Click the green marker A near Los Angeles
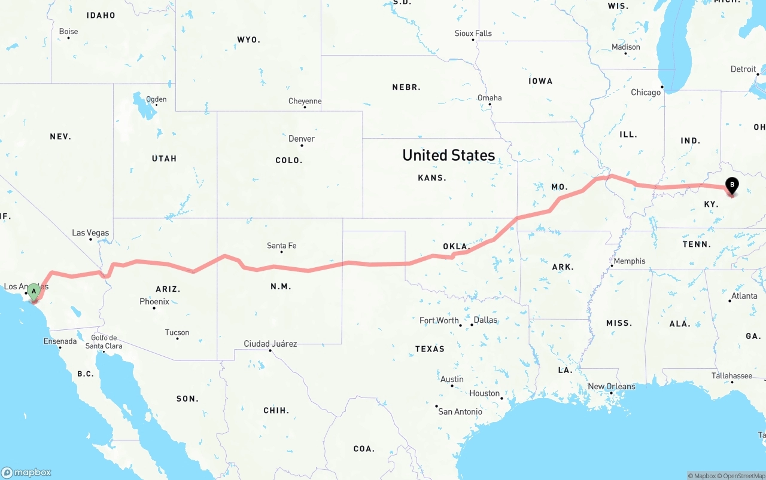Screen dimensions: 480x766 (x=34, y=292)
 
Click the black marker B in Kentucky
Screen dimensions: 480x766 (x=732, y=186)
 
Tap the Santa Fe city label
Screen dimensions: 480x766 (x=281, y=246)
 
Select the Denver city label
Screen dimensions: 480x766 (x=302, y=139)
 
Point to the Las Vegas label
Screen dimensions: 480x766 (x=90, y=233)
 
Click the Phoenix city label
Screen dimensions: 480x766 (x=154, y=302)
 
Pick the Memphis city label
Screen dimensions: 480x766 (x=629, y=261)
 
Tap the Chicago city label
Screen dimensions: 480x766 (x=646, y=93)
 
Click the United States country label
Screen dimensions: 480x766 (x=448, y=155)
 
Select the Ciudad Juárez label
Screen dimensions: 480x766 (x=270, y=344)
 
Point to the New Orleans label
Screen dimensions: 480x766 (x=612, y=387)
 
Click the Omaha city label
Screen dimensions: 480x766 (x=490, y=98)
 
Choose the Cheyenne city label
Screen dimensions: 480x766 (x=305, y=102)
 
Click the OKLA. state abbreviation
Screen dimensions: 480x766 (x=456, y=246)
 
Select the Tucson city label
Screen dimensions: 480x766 (x=177, y=333)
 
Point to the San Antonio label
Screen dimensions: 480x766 (x=460, y=412)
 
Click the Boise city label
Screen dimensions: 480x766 (x=69, y=32)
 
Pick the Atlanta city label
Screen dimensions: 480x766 (x=744, y=296)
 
